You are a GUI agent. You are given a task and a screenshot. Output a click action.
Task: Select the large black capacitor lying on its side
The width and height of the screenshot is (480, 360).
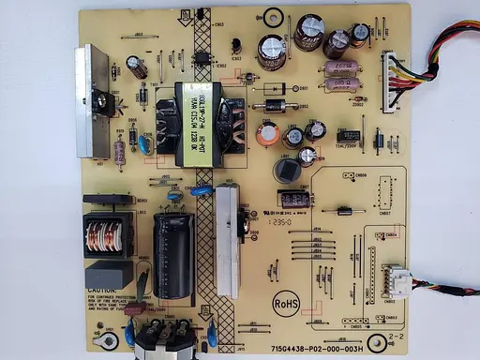pos(172,248)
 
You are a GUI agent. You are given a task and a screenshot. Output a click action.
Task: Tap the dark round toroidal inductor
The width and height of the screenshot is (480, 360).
pos(283,170)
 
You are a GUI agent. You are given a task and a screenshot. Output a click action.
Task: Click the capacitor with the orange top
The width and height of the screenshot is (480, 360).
pos(270,135)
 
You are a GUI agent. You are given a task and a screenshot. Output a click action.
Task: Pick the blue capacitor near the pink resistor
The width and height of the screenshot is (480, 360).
pos(145,142)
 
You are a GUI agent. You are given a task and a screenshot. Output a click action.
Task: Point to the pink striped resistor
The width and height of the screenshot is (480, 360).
pos(120,152)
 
